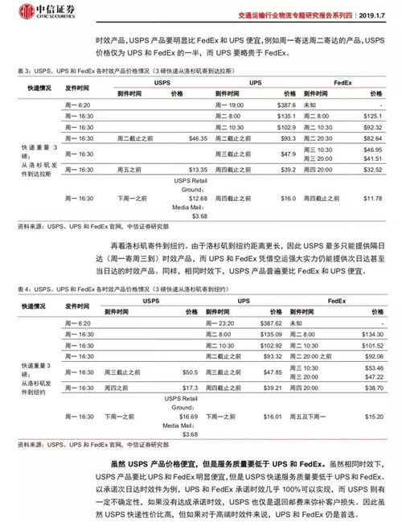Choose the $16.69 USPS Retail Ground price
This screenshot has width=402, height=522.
(x=187, y=417)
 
